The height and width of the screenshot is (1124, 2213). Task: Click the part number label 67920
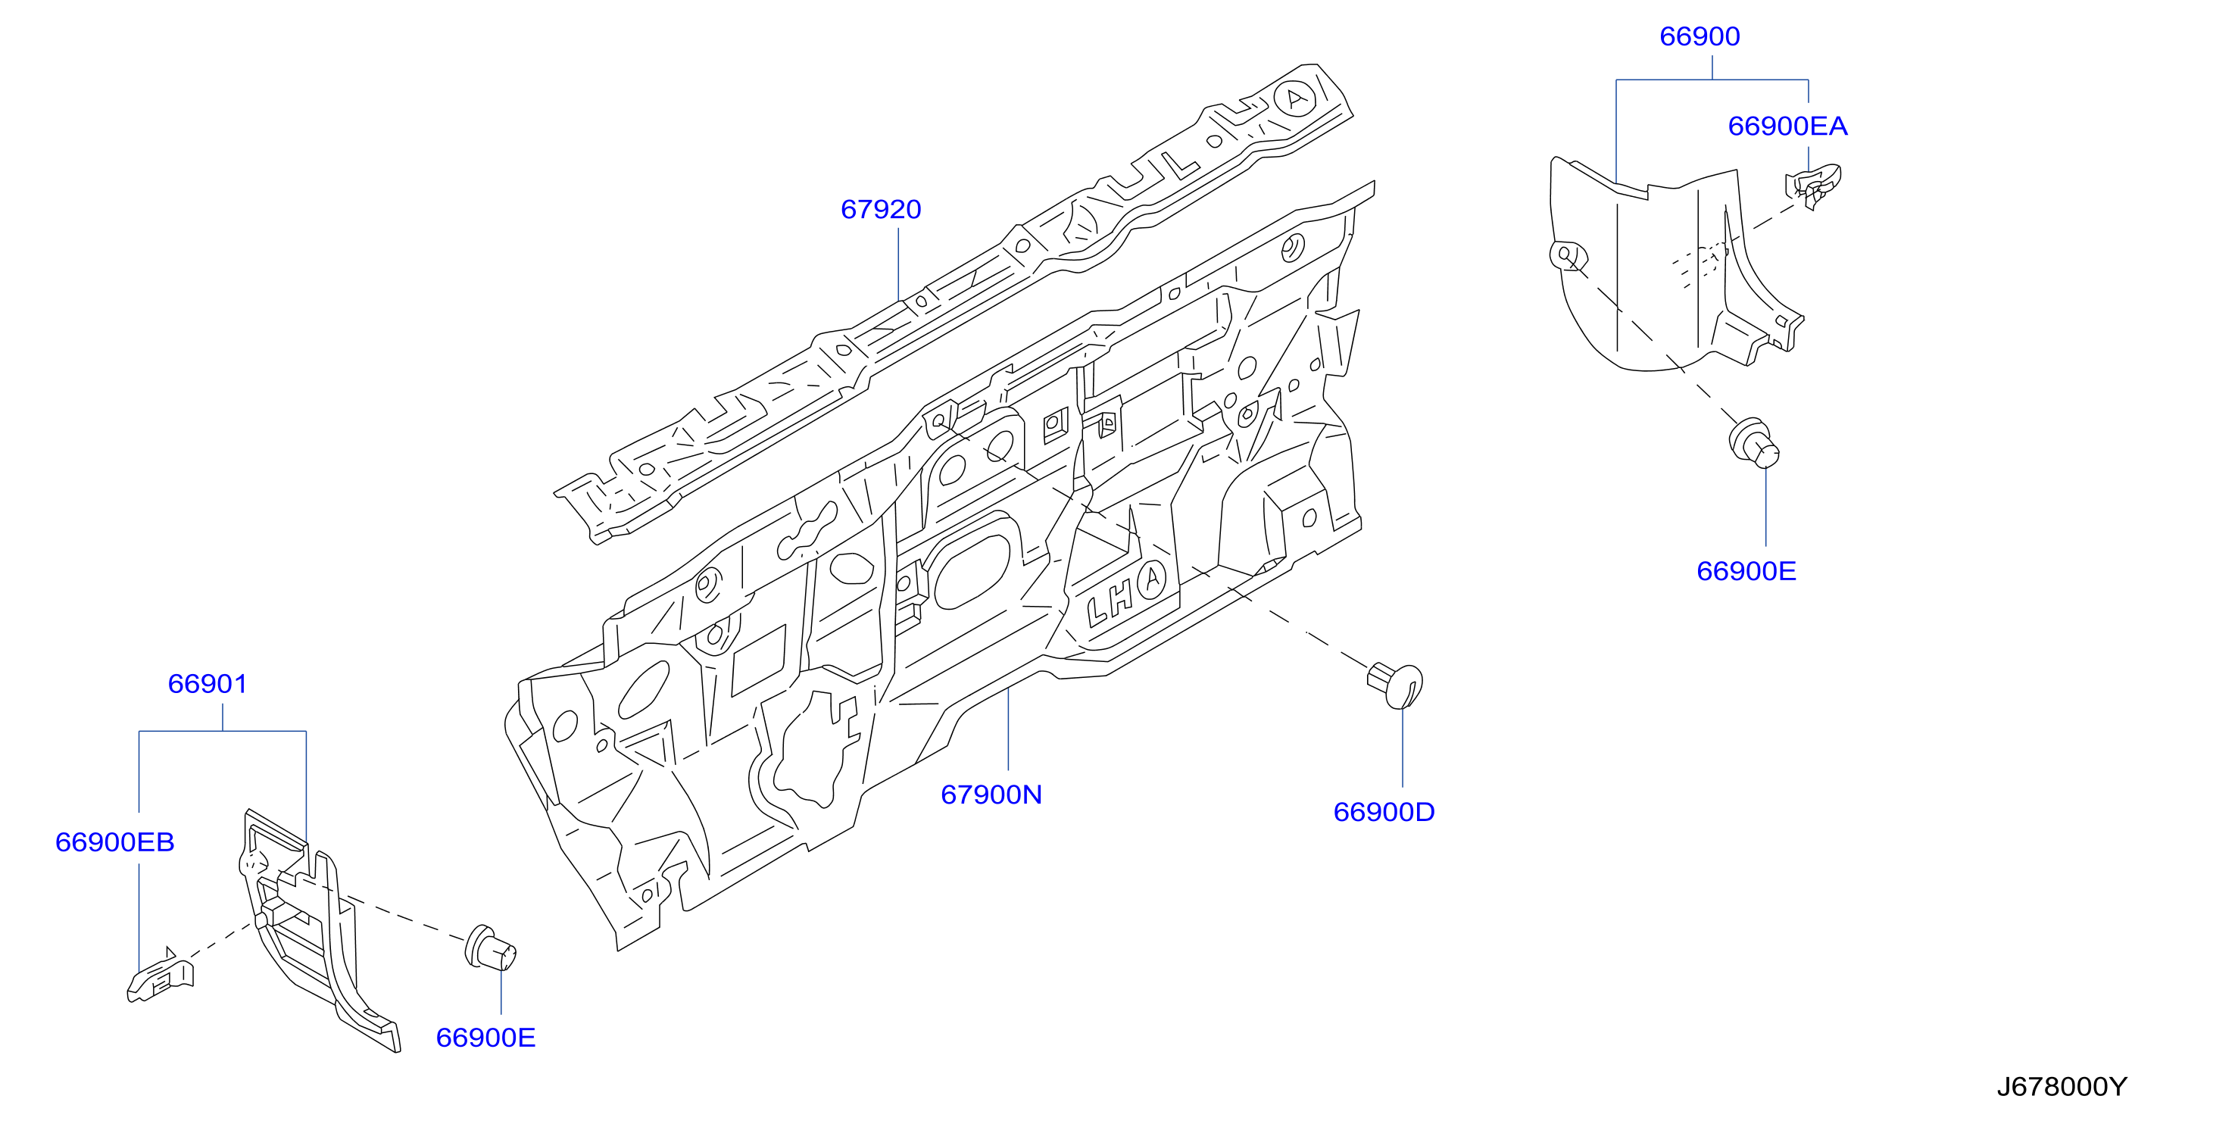[881, 210]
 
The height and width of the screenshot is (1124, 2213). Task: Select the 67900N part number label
[991, 795]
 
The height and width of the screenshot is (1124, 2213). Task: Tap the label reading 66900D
[1384, 812]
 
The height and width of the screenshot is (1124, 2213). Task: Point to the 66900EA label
[1788, 126]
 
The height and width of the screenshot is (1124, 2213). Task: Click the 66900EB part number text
[115, 842]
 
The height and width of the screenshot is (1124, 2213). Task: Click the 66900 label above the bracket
[1700, 36]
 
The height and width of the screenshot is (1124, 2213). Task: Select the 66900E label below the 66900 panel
[1746, 571]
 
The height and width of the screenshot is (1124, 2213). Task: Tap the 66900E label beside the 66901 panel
[485, 1038]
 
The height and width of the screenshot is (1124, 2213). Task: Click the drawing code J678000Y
[2062, 1087]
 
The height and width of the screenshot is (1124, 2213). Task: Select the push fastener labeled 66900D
[1395, 685]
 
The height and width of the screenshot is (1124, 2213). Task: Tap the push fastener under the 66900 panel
[1753, 443]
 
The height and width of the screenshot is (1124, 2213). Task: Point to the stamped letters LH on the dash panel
[1110, 601]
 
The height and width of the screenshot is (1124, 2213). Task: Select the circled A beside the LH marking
[1152, 580]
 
